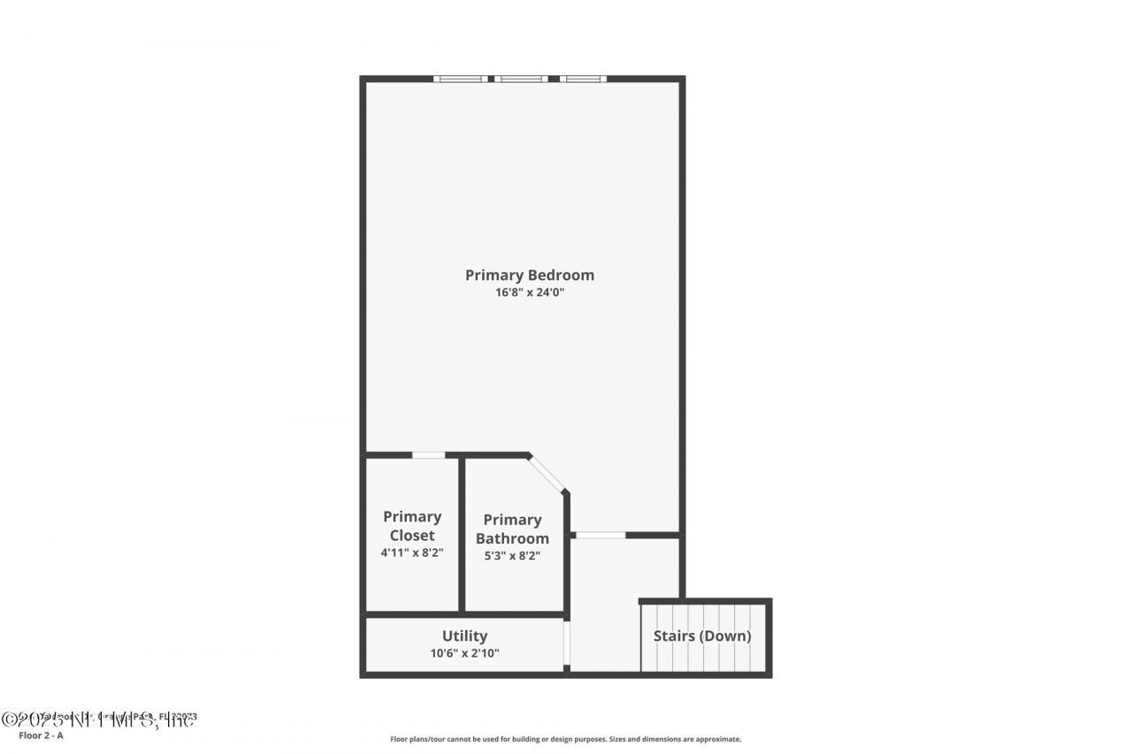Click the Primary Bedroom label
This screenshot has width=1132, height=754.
click(530, 275)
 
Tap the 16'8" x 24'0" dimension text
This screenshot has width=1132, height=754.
click(530, 293)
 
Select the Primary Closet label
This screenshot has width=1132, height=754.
click(412, 526)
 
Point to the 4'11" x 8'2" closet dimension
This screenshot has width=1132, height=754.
click(412, 552)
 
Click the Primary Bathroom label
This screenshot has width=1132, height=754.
click(512, 529)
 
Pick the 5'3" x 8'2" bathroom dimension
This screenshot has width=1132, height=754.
click(512, 556)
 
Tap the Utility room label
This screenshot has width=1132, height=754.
click(464, 636)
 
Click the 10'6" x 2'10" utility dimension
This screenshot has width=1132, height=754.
click(464, 654)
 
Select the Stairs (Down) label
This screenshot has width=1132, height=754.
click(702, 636)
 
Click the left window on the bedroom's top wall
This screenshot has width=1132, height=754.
click(460, 79)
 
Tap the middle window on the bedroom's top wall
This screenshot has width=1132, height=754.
click(521, 79)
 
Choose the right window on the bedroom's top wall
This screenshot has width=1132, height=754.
click(583, 79)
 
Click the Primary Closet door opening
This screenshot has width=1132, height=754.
click(429, 455)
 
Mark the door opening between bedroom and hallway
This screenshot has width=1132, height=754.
click(600, 535)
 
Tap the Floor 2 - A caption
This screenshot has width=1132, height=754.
click(41, 735)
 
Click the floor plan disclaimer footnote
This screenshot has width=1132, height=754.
click(566, 739)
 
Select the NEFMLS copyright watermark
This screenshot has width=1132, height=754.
click(97, 720)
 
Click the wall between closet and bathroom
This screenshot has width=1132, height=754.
click(462, 533)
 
